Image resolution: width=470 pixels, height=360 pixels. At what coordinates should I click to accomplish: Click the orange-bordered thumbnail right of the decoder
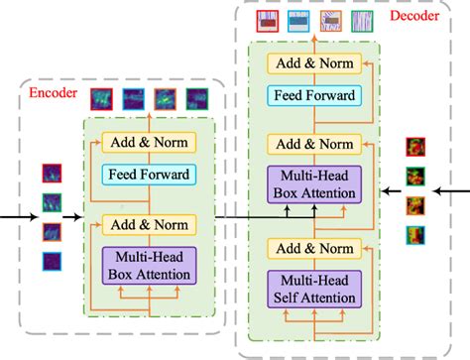[x=415, y=207]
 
